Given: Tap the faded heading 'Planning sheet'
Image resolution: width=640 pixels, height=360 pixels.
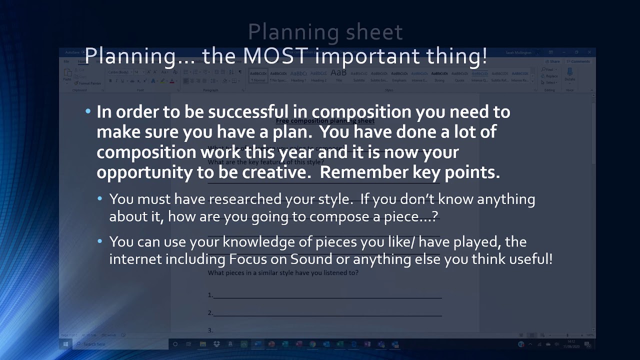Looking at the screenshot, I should coord(325,32).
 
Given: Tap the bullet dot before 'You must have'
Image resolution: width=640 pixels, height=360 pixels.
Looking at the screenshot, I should coord(100,199).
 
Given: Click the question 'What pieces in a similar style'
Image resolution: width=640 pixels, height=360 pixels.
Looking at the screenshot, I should coord(283,273).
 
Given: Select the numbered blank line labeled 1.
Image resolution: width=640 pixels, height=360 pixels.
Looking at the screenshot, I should coord(327,295).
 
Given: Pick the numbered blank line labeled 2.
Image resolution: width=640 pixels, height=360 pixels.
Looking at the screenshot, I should coord(327,313).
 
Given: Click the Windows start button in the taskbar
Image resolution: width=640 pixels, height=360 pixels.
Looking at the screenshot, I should coord(65,344).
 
